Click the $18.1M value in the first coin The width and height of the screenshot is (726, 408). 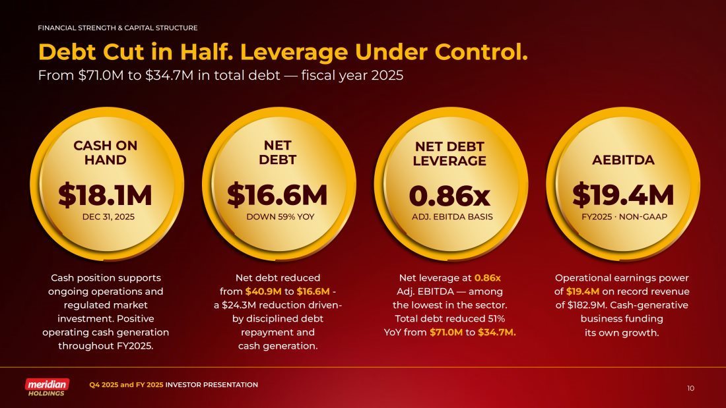click(105, 195)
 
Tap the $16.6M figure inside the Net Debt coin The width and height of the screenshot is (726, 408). click(277, 195)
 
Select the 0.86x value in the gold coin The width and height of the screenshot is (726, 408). click(449, 195)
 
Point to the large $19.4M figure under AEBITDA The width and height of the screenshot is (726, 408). click(622, 195)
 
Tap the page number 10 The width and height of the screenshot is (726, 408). click(690, 388)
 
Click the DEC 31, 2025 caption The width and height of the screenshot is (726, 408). click(106, 216)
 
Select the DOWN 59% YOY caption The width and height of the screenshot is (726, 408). click(277, 216)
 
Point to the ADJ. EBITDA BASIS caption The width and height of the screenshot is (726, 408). click(449, 216)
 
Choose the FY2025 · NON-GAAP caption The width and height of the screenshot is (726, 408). click(622, 216)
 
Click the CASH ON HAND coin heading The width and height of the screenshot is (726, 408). click(106, 152)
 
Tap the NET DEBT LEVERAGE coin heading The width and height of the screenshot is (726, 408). click(449, 154)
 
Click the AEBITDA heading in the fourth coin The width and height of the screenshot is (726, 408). click(623, 160)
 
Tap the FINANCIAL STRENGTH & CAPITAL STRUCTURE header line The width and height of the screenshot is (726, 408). click(117, 28)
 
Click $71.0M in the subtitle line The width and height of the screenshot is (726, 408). click(96, 75)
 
